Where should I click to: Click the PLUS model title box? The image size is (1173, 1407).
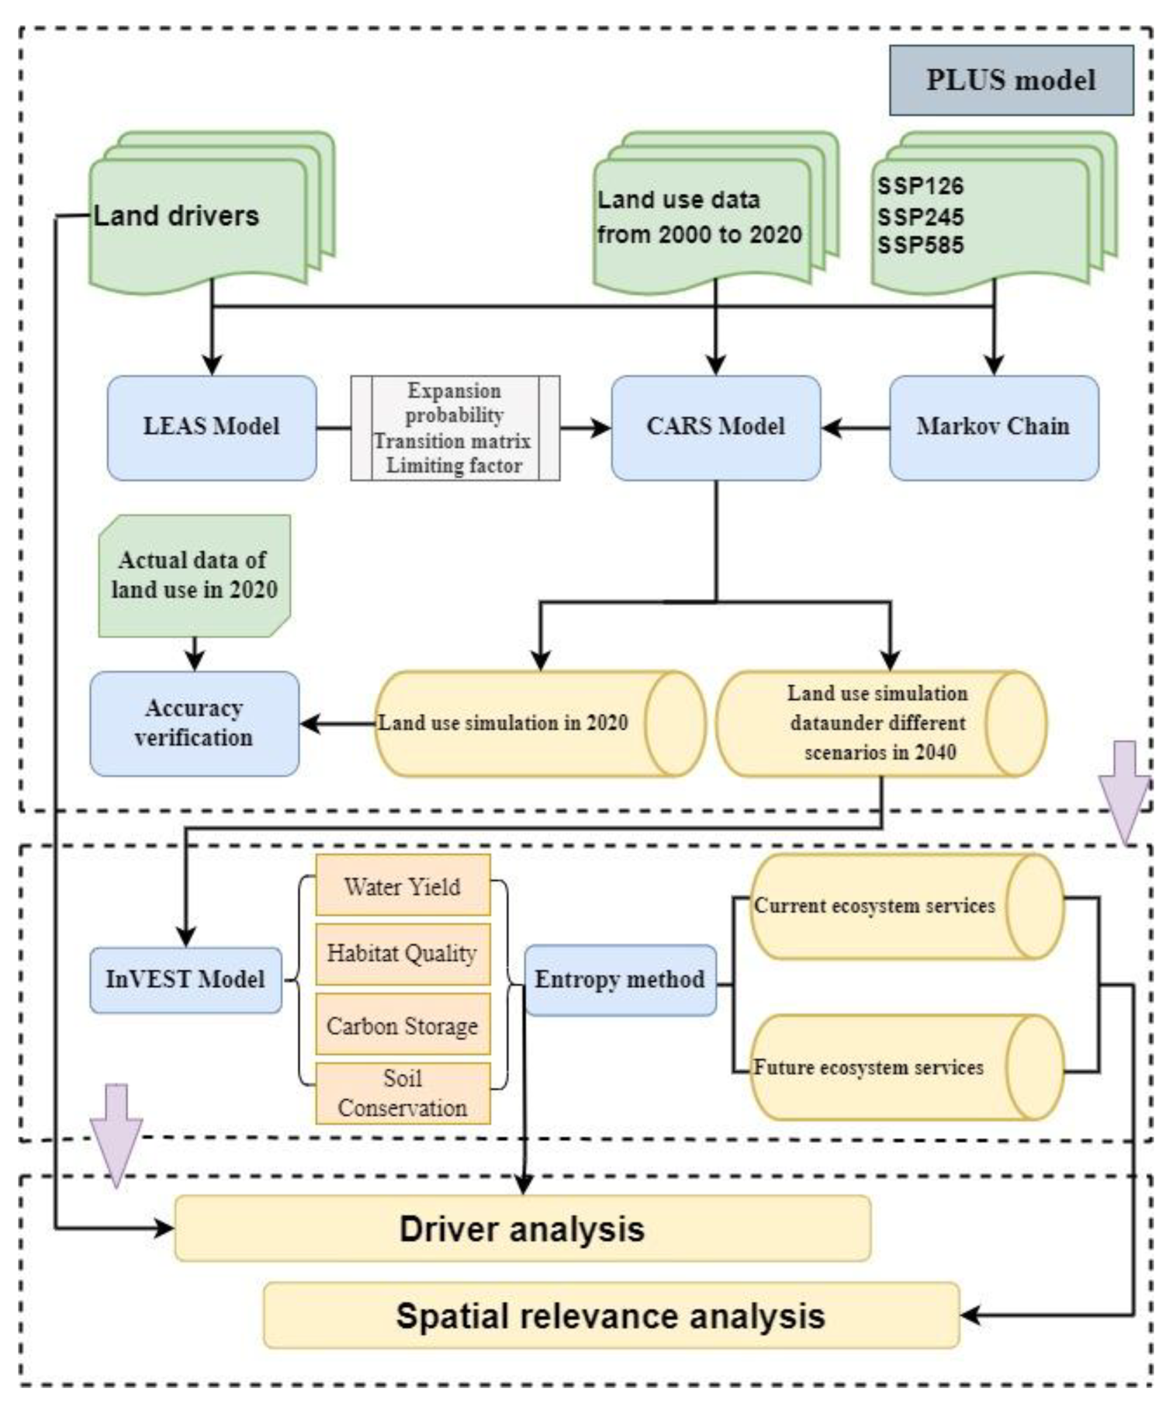point(1011,81)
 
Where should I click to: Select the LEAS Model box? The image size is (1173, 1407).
point(211,427)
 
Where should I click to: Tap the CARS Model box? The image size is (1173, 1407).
point(715,427)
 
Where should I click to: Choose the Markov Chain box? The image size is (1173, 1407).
point(993,427)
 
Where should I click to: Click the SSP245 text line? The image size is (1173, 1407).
point(921,216)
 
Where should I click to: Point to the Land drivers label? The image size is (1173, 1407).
point(176,216)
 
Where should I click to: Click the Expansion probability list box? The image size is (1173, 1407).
point(455,427)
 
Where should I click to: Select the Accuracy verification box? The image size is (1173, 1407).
point(194,724)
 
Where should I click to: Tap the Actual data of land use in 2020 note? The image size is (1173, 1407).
point(194,575)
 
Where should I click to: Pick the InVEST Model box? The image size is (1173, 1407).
point(186,980)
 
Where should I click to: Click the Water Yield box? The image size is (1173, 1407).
point(403,886)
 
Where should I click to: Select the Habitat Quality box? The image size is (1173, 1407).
point(403,953)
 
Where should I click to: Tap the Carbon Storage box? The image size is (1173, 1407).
point(403,1025)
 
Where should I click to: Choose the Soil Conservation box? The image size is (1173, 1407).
point(403,1093)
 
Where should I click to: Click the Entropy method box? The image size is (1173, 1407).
point(620,980)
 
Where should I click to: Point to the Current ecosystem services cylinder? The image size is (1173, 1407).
point(891,906)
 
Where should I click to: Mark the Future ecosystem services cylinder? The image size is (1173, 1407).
point(891,1067)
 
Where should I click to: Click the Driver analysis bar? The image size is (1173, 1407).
point(523,1229)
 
